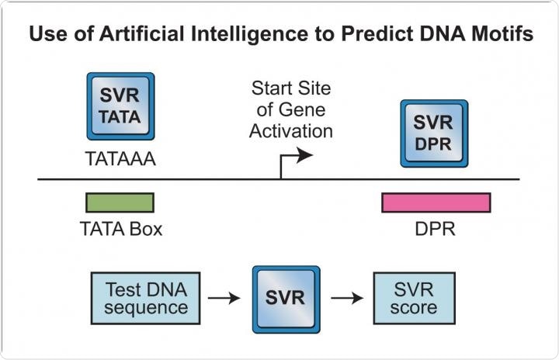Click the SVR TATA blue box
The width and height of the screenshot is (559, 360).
(120, 106)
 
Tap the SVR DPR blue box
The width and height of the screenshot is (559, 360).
(434, 133)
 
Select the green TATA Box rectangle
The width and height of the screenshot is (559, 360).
(120, 202)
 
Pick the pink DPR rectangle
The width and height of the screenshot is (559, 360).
(436, 202)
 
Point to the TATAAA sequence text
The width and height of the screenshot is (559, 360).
(120, 159)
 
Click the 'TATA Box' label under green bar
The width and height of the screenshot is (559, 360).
(121, 229)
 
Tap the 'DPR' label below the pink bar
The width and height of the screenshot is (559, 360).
(436, 229)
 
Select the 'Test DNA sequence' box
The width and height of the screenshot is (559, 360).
(145, 299)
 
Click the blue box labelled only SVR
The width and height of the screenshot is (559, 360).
(286, 299)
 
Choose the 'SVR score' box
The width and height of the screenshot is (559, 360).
(415, 299)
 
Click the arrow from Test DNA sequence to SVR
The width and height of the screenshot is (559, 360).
(224, 298)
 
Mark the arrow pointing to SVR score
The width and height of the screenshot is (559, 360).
(347, 298)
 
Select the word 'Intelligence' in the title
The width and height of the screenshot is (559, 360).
(249, 35)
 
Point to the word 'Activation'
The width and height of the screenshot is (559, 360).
(291, 131)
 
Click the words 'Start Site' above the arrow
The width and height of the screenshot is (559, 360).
(291, 88)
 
